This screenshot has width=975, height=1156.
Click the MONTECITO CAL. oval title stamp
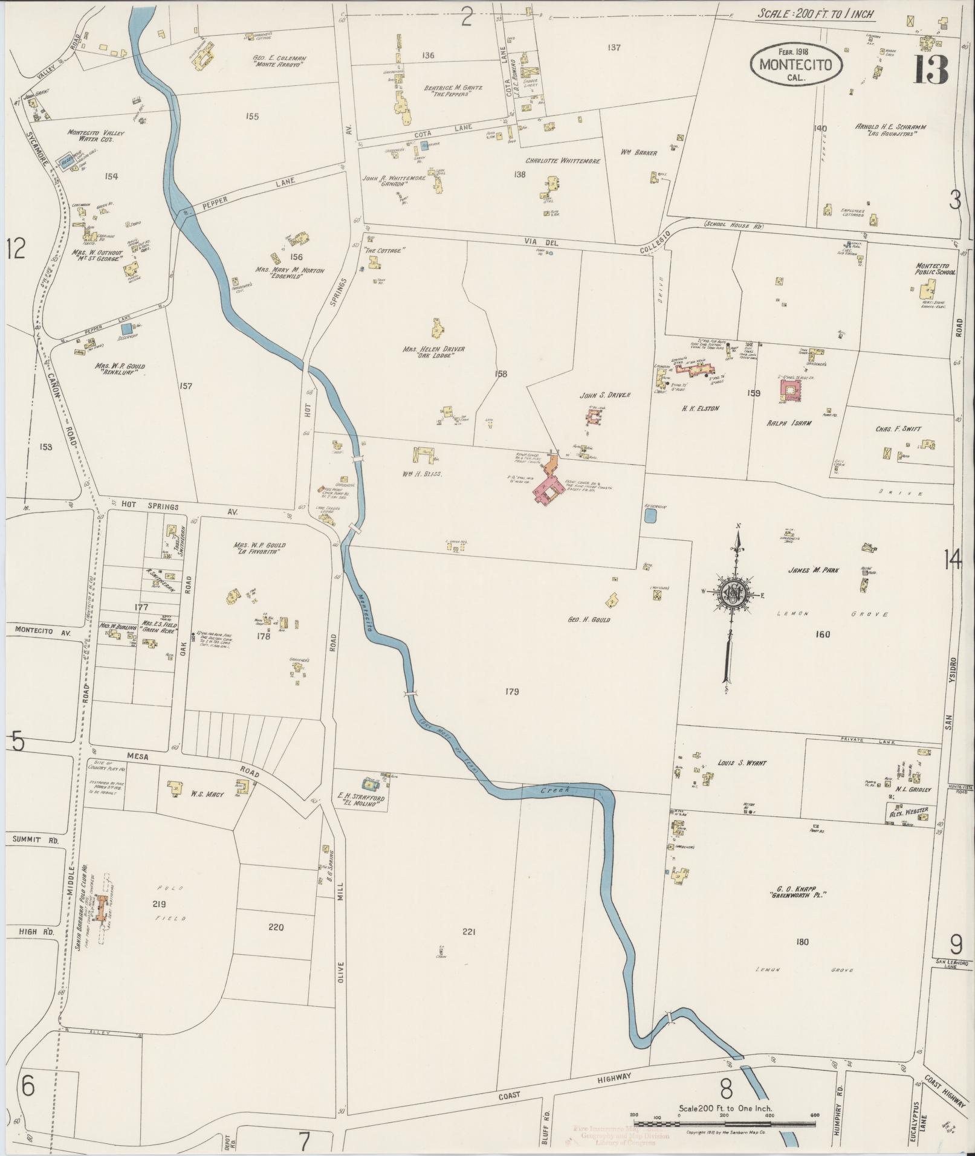click(795, 64)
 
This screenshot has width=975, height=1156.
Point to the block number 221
click(468, 949)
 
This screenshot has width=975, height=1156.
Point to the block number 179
click(511, 691)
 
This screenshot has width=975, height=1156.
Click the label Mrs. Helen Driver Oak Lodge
click(429, 352)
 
